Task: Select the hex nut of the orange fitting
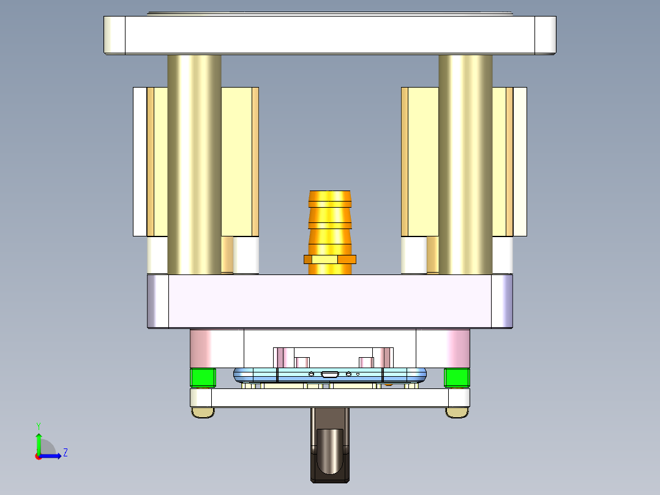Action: coord(330,259)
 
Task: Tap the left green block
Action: coord(203,378)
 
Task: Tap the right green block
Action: coord(456,378)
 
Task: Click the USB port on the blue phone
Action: coord(330,374)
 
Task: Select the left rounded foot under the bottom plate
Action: coord(203,413)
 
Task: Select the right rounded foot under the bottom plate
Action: coord(457,413)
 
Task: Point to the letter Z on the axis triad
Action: coord(65,453)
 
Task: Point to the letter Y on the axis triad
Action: coord(38,425)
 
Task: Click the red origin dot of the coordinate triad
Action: coord(38,456)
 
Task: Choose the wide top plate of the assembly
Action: coord(330,34)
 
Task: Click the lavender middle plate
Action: coord(330,301)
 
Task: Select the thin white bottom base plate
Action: coord(330,398)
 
